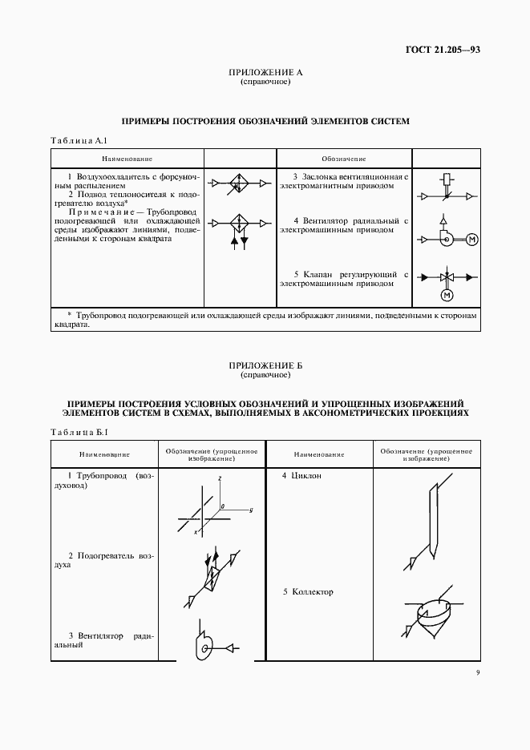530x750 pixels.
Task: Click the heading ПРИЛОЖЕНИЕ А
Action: [x=265, y=73]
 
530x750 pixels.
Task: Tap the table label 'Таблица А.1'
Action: [x=79, y=141]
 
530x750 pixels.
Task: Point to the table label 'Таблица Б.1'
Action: [x=79, y=433]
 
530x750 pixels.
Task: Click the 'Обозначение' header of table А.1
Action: [x=344, y=158]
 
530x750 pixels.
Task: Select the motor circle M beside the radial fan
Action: [x=471, y=238]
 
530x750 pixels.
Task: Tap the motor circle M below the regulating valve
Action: [x=447, y=296]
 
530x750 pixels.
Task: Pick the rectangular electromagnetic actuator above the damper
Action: [x=447, y=178]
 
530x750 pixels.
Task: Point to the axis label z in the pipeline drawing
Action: [x=219, y=478]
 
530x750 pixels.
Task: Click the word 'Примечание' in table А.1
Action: [x=94, y=212]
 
